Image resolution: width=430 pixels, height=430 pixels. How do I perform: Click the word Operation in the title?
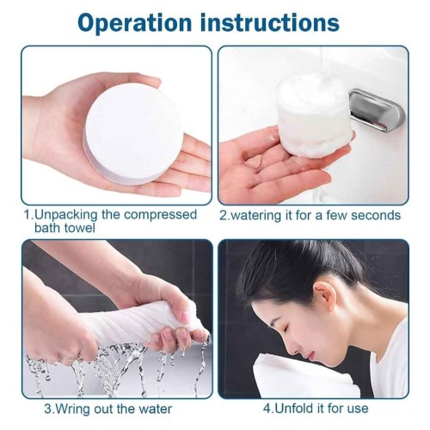coord(134,23)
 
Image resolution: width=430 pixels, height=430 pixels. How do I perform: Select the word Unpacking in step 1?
coord(65,214)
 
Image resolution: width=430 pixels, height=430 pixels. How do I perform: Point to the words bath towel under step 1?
coord(64,228)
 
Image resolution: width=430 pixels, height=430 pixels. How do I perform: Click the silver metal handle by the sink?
coord(377,111)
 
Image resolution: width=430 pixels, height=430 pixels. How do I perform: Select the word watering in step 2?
coord(256,215)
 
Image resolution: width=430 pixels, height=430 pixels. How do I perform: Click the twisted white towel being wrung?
coord(138,325)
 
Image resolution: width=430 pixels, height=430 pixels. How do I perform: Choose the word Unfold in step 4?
coord(294,408)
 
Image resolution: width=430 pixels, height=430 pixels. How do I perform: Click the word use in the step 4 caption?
coord(358,409)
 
